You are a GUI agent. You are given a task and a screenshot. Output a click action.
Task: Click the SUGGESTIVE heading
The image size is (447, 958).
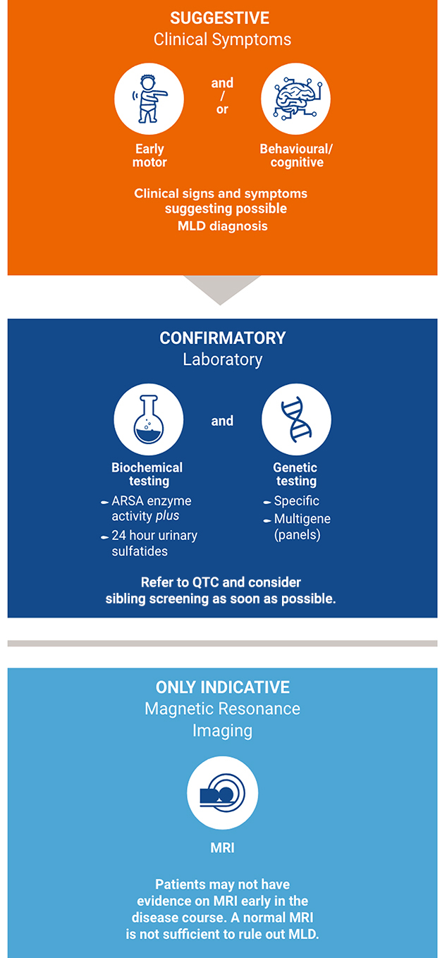219,18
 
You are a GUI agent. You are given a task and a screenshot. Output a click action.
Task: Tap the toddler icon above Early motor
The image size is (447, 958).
149,99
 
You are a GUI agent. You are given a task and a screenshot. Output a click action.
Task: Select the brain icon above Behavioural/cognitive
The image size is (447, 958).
295,99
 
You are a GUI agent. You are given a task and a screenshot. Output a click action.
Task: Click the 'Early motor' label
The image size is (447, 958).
149,155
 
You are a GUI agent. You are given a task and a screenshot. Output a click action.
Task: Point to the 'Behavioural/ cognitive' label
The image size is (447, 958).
296,155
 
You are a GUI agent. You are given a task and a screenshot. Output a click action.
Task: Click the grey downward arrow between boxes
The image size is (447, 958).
221,290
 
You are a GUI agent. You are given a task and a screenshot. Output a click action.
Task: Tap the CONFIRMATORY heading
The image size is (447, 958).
222,338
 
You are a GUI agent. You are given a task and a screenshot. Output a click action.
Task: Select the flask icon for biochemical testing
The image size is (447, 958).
149,419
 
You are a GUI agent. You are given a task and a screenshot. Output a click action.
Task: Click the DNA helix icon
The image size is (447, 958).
296,419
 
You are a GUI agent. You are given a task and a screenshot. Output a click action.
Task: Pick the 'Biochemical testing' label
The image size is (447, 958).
147,474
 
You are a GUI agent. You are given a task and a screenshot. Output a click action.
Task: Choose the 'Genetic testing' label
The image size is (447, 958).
295,474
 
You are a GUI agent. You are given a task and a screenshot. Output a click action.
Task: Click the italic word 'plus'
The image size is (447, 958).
167,516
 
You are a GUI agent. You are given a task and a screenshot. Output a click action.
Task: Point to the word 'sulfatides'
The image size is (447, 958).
140,551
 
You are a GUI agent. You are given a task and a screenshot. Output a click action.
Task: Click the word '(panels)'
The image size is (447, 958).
298,535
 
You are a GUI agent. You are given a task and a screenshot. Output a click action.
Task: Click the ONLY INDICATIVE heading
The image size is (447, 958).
222,687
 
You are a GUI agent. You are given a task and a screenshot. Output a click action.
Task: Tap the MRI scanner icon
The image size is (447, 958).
222,792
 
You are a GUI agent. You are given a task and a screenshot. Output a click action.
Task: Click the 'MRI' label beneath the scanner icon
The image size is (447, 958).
222,847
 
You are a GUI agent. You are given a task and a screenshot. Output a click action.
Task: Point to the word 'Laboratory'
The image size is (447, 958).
222,360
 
